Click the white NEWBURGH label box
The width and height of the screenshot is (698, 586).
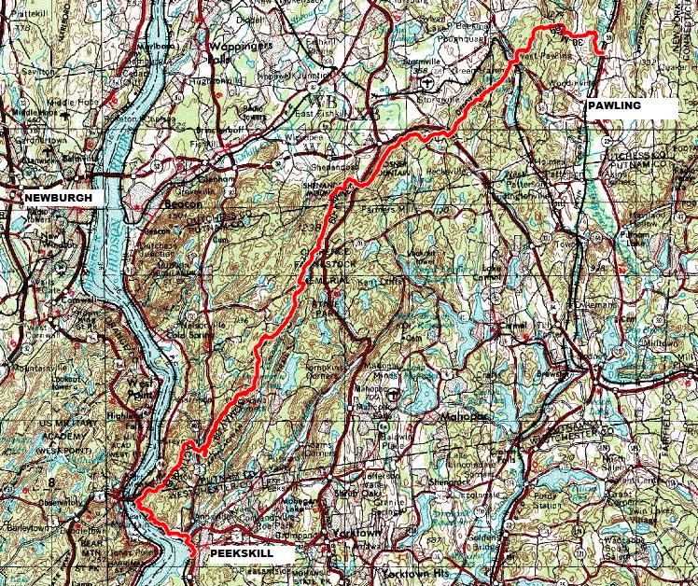[59, 198]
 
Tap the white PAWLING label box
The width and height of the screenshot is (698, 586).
[630, 107]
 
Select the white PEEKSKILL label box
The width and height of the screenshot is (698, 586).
[242, 553]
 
